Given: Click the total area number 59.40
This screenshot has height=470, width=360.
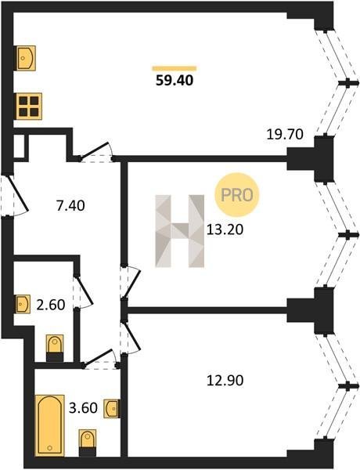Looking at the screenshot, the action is (175, 81).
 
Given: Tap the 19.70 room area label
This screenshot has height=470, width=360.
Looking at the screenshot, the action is (285, 134).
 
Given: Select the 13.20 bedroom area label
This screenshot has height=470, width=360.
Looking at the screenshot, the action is (225, 230).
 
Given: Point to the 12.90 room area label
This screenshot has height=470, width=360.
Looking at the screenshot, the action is (225, 381).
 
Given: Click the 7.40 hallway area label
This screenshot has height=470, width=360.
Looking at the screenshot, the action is (70, 205).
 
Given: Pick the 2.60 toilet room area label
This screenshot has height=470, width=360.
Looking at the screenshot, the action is (51, 305).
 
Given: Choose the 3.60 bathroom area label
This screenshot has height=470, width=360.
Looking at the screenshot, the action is (83, 408).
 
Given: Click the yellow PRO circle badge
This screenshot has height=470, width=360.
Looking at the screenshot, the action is (236, 195).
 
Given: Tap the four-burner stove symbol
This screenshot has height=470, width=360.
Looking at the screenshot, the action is (29, 106).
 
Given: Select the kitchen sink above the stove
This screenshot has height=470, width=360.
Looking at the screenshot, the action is (25, 58).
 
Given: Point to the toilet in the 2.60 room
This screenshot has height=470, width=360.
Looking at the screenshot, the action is (55, 348).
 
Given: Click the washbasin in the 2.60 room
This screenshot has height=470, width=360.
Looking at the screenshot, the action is (23, 304).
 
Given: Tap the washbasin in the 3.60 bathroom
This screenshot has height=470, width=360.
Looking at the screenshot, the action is (112, 408).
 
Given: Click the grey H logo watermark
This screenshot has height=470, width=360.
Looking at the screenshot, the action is (180, 231).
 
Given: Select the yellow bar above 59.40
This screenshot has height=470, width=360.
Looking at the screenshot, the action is (175, 68).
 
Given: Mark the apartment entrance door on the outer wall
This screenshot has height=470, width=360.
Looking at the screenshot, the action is (18, 193).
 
